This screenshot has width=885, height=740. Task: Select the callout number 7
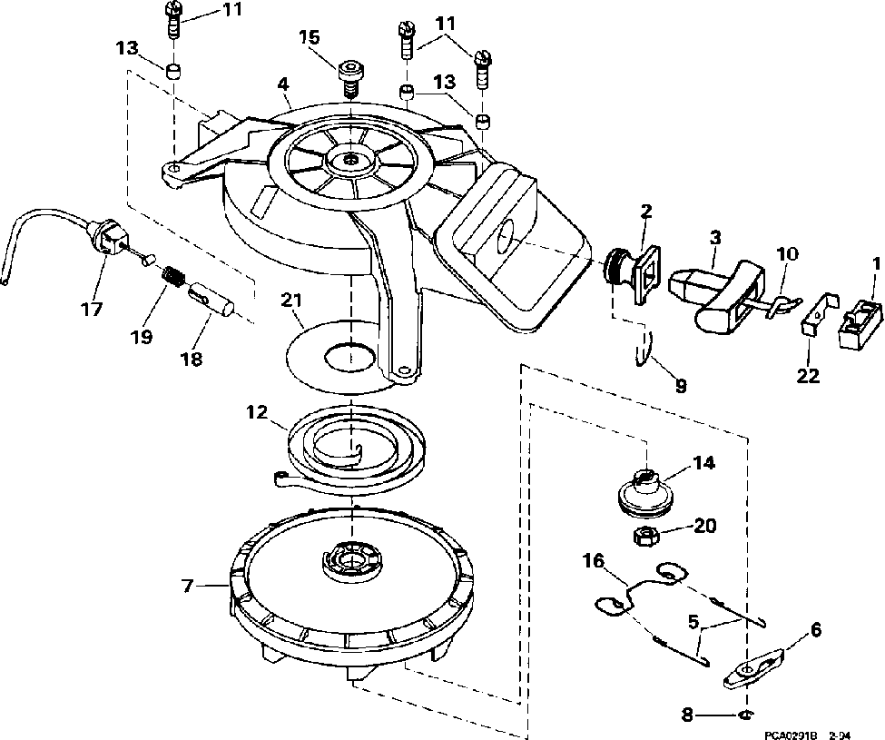[x=188, y=586]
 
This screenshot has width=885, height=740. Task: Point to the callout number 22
[x=807, y=374]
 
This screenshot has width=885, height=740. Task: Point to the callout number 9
[x=680, y=385]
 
